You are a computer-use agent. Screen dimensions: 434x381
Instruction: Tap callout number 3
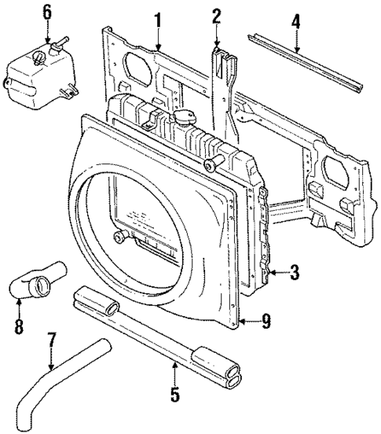[x=293, y=273]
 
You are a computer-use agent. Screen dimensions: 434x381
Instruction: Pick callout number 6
[x=46, y=12]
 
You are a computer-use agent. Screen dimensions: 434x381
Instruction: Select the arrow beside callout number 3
[x=277, y=273]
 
